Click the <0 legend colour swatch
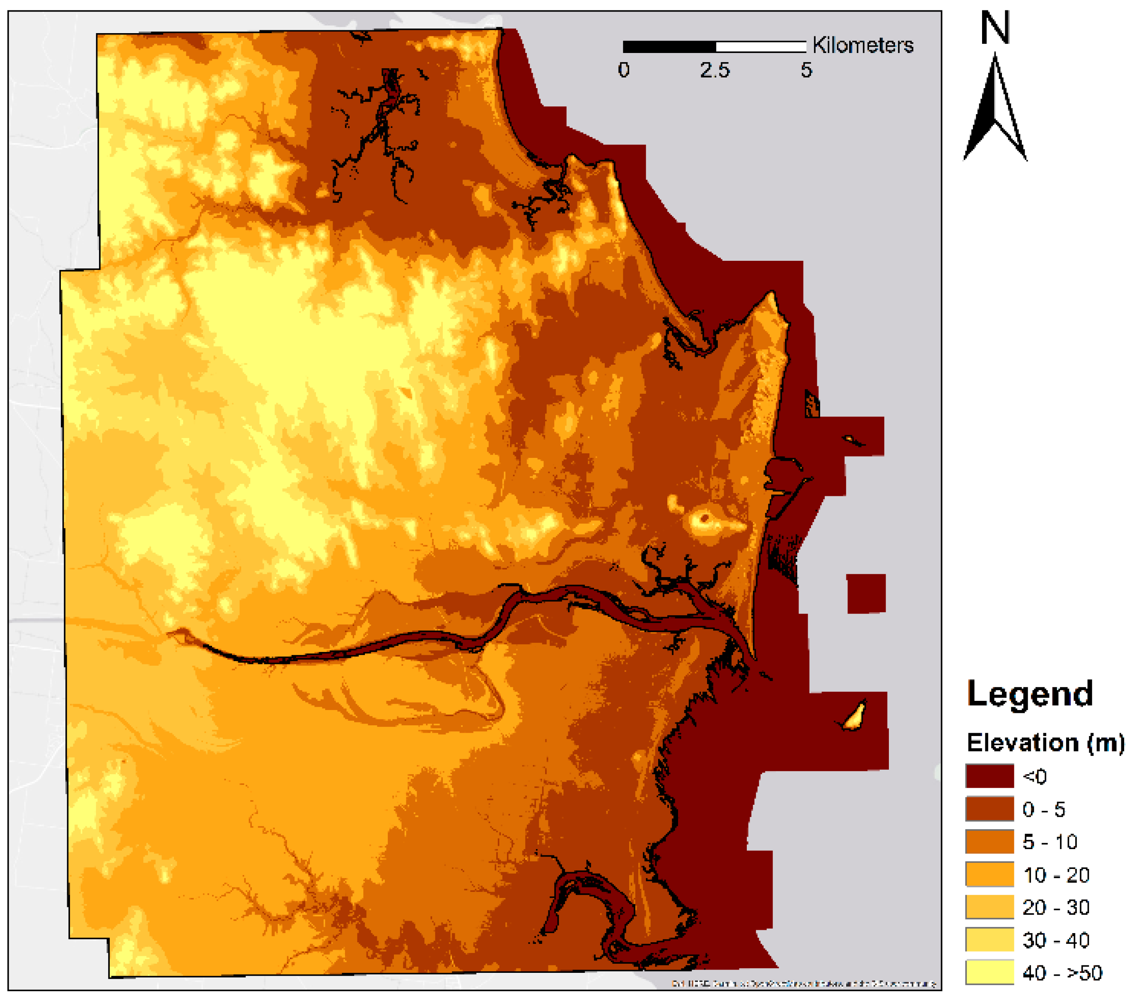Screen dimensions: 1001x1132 pyautogui.click(x=989, y=776)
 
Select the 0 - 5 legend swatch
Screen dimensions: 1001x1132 pyautogui.click(x=989, y=808)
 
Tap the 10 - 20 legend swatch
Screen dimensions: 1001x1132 pyautogui.click(x=989, y=874)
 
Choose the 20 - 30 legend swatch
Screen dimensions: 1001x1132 pyautogui.click(x=989, y=907)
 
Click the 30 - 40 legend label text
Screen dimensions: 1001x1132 pyautogui.click(x=1055, y=940)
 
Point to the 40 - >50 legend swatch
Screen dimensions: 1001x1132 pyautogui.click(x=989, y=972)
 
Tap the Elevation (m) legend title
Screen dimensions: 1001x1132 pyautogui.click(x=1045, y=742)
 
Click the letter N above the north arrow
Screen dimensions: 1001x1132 pyautogui.click(x=995, y=28)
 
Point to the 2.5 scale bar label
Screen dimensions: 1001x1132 pyautogui.click(x=714, y=70)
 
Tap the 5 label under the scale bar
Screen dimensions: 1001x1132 pyautogui.click(x=806, y=70)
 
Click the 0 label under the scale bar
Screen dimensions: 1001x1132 pyautogui.click(x=624, y=70)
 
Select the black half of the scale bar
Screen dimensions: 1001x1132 pyautogui.click(x=669, y=46)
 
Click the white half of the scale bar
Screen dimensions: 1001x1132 pyautogui.click(x=760, y=46)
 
